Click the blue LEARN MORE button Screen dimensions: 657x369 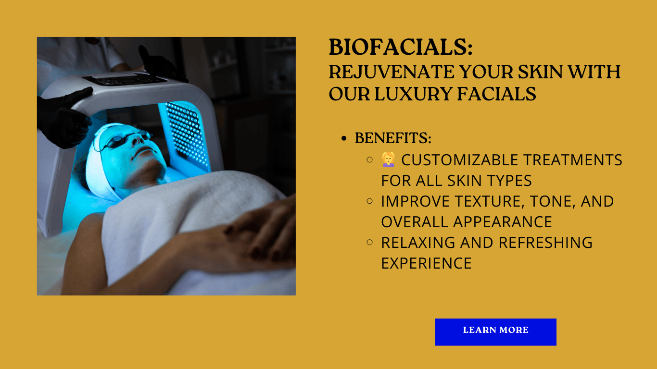pyautogui.click(x=496, y=332)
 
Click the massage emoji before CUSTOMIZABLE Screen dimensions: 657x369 pyautogui.click(x=388, y=160)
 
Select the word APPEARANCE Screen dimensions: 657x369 pyautogui.click(x=503, y=222)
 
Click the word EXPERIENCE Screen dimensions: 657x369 pyautogui.click(x=427, y=263)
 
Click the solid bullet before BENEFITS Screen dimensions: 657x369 pyautogui.click(x=344, y=138)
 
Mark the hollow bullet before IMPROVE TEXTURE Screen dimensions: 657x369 pyautogui.click(x=369, y=201)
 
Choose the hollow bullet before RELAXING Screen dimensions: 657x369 pyautogui.click(x=369, y=242)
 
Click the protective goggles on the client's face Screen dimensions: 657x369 pyautogui.click(x=126, y=140)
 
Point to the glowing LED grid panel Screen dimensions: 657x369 pyautogui.click(x=186, y=133)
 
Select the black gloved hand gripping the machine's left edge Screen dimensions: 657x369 pyautogui.click(x=64, y=117)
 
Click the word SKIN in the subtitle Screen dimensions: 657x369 pyautogui.click(x=540, y=72)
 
